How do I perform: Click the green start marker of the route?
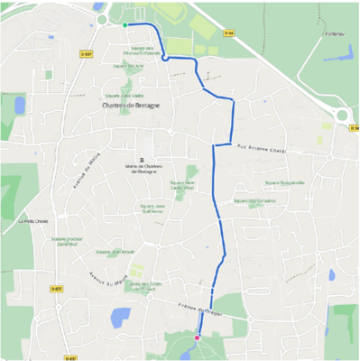(x=125, y=25)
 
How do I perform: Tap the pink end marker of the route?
(x=197, y=338)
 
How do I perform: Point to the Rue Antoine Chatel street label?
(x=261, y=149)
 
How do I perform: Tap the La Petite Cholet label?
(x=32, y=219)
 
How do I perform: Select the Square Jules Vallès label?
(x=133, y=94)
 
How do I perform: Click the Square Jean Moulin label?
(x=115, y=252)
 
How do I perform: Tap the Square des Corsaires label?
(x=254, y=200)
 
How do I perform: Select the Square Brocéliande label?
(x=261, y=181)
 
